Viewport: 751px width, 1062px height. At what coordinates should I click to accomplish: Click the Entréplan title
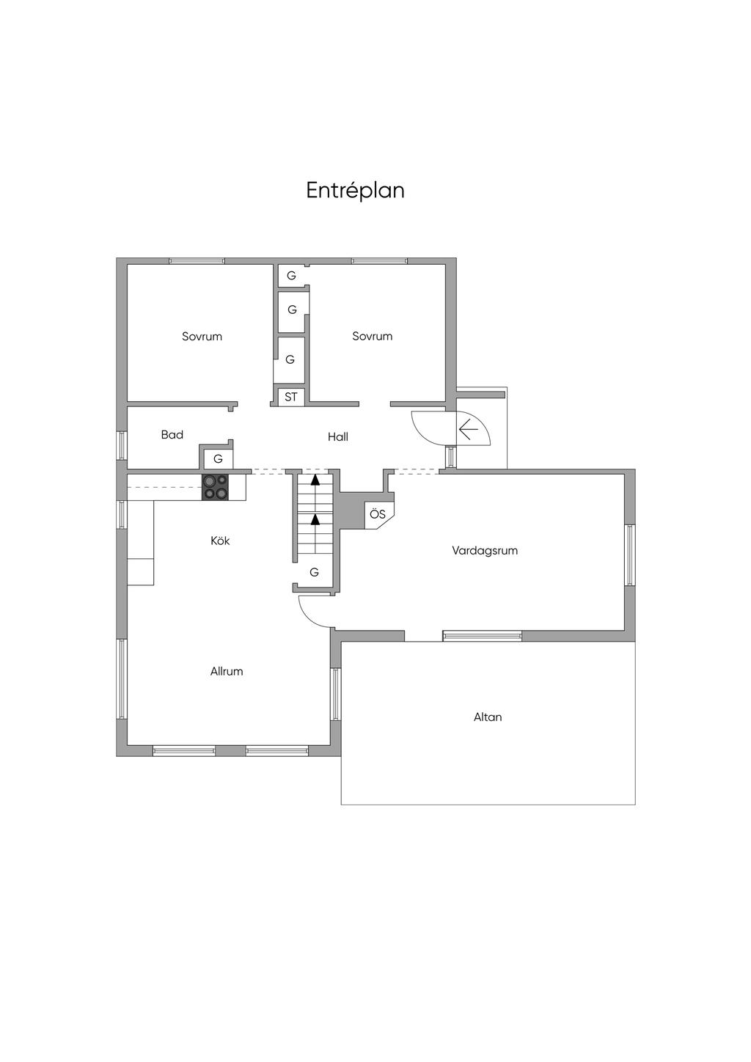click(355, 191)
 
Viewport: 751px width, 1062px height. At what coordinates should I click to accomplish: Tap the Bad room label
click(172, 435)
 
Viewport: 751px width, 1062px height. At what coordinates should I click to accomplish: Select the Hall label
click(338, 436)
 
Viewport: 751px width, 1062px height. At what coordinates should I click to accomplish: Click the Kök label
click(220, 541)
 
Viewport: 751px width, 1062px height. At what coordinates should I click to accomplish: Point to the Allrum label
click(227, 671)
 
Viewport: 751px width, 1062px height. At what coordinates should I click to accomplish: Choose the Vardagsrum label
click(485, 551)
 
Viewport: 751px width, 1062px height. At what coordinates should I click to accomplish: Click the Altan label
click(488, 717)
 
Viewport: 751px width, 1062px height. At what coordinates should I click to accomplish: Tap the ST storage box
click(291, 397)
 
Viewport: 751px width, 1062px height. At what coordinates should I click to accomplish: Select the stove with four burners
click(216, 487)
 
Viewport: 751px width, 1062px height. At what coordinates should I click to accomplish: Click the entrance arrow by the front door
click(468, 431)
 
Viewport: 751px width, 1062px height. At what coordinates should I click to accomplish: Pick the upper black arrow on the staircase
click(315, 480)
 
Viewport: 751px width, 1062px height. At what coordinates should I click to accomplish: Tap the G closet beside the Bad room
click(218, 459)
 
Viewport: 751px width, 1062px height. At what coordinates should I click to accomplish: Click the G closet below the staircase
click(315, 572)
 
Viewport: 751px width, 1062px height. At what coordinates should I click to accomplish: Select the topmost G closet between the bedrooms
click(291, 276)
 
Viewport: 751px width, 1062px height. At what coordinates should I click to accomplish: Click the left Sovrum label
click(202, 337)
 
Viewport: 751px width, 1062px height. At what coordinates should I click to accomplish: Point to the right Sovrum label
click(372, 336)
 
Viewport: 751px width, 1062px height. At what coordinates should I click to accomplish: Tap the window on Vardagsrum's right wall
click(630, 554)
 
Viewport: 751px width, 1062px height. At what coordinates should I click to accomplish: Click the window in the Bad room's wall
click(122, 445)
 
